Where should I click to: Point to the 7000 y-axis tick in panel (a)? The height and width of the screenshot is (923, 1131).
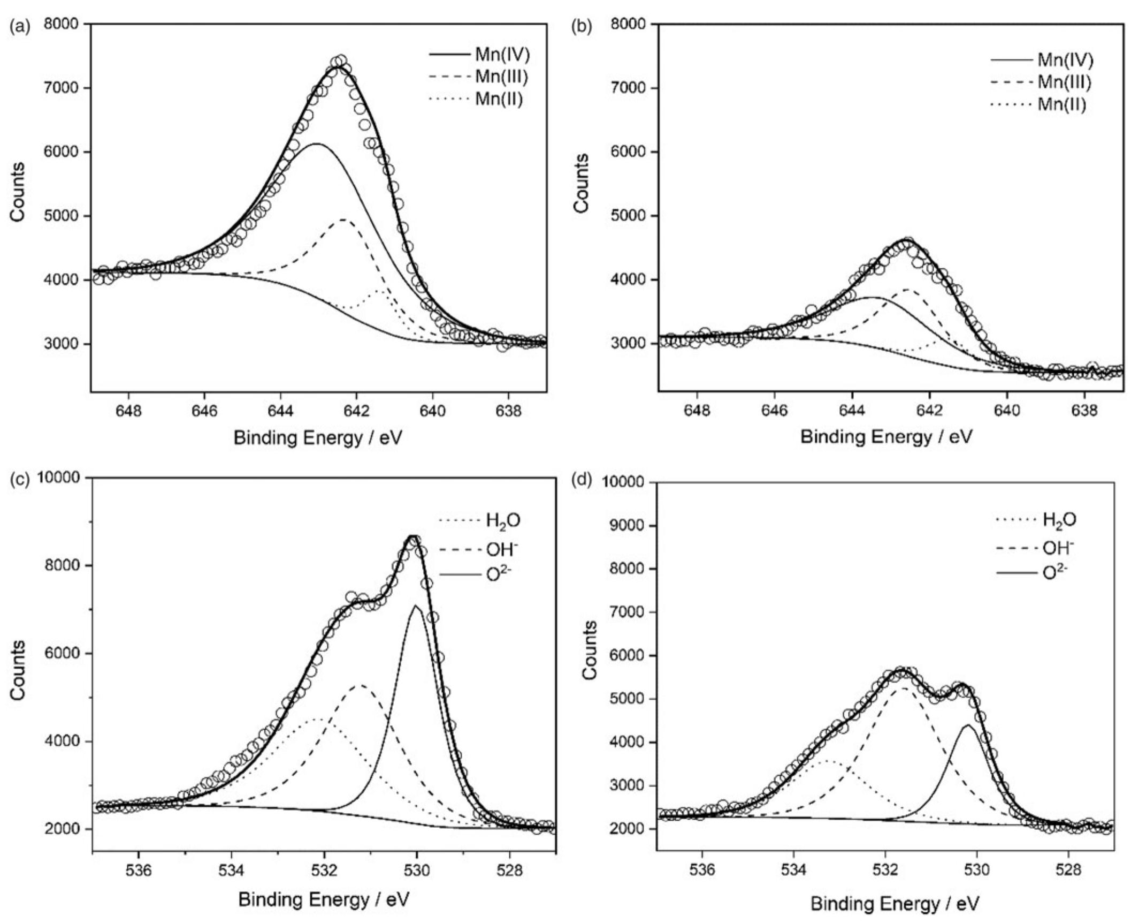[63, 88]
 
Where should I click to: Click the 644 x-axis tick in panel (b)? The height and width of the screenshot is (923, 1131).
[853, 411]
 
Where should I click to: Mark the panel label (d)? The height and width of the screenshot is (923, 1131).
[582, 480]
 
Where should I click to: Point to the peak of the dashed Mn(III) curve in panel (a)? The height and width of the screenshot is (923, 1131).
[344, 220]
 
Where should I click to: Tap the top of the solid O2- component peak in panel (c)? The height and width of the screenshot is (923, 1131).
[416, 606]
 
